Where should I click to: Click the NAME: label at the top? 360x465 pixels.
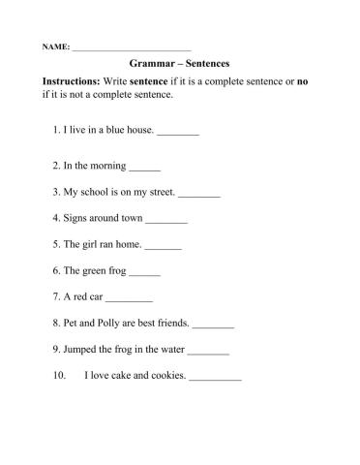coord(55,47)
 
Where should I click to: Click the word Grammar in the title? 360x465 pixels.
coord(152,63)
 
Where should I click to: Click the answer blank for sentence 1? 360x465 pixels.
coord(177,131)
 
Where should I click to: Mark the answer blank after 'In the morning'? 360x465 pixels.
coord(144,168)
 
